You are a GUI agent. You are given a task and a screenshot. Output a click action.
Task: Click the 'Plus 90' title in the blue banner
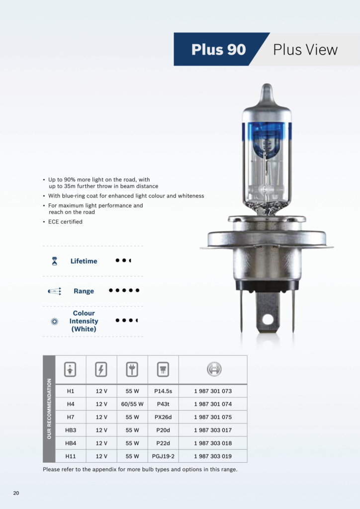pos(218,50)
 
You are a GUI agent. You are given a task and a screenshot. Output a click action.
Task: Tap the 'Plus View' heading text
pos(305,50)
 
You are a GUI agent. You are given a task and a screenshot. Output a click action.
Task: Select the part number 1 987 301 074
pos(213,404)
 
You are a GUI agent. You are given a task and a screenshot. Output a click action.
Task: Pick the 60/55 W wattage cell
pos(132,404)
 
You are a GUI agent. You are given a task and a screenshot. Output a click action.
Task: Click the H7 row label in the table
pos(71,417)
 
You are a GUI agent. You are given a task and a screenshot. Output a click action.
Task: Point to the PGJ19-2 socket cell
pos(163,456)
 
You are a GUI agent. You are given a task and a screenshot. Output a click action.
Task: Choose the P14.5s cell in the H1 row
pos(163,391)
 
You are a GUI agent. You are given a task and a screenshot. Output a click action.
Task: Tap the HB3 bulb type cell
pos(71,430)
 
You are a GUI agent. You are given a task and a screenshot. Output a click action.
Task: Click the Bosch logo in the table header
pos(213,369)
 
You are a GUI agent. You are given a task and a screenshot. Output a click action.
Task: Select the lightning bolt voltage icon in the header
pos(101,369)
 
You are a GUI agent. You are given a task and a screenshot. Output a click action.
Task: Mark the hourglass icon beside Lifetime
pos(55,261)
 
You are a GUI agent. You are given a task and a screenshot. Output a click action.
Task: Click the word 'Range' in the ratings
pos(84,291)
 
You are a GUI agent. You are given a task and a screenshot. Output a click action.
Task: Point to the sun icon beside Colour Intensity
pos(55,321)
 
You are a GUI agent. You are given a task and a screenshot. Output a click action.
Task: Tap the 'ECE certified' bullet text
pos(65,222)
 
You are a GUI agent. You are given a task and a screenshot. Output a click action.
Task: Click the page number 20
pos(16,493)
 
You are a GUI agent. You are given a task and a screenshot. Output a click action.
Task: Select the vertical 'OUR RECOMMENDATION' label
pos(49,409)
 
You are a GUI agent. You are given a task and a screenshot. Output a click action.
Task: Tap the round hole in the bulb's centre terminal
pos(268,318)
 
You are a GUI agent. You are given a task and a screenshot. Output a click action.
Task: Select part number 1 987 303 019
pos(213,456)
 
